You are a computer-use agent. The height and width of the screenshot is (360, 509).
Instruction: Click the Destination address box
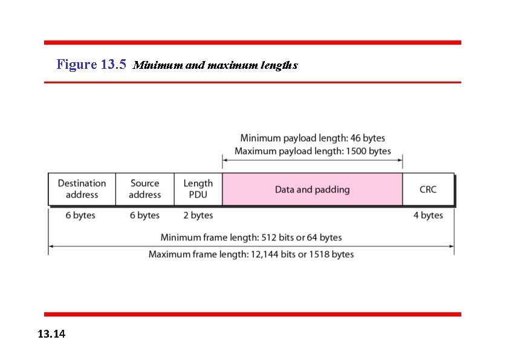click(x=82, y=189)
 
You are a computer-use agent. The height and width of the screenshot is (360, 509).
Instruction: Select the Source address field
click(x=144, y=189)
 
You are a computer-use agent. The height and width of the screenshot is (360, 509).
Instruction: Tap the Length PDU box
click(x=198, y=189)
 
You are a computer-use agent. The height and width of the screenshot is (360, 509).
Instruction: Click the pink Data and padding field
click(x=312, y=190)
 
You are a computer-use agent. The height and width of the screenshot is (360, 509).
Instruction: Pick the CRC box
click(x=428, y=190)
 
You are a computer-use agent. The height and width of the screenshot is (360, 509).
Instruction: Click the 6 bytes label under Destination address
click(x=80, y=216)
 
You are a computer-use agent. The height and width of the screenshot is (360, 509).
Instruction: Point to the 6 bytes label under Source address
click(x=144, y=216)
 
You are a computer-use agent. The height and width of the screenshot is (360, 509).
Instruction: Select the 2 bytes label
click(x=198, y=216)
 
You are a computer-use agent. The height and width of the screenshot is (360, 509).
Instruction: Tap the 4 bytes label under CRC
click(x=428, y=216)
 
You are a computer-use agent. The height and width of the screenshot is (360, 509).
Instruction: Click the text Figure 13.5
click(x=91, y=64)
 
